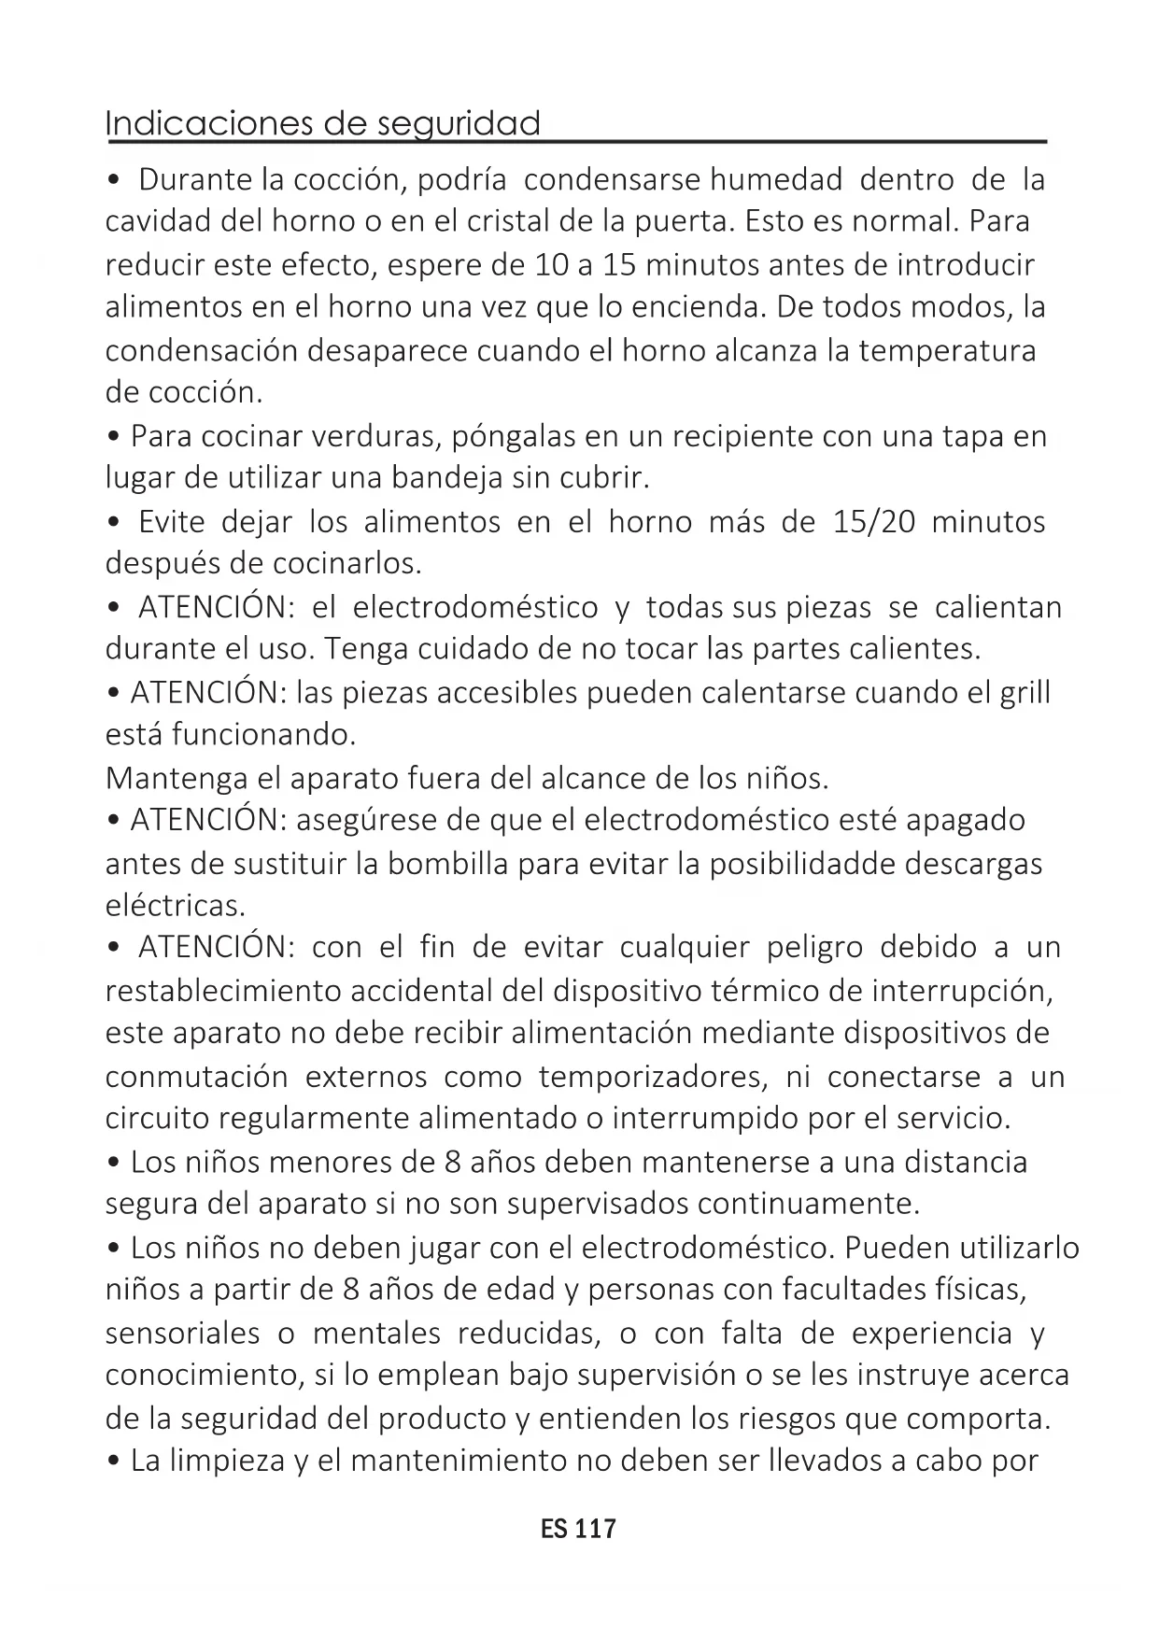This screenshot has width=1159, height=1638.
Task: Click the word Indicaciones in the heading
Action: [x=208, y=123]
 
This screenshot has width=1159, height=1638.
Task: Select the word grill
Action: [x=1025, y=692]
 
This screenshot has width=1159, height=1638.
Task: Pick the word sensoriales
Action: [x=182, y=1333]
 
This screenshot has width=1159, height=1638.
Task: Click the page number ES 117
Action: [x=578, y=1529]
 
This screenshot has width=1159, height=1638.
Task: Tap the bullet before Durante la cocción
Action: [x=114, y=179]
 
